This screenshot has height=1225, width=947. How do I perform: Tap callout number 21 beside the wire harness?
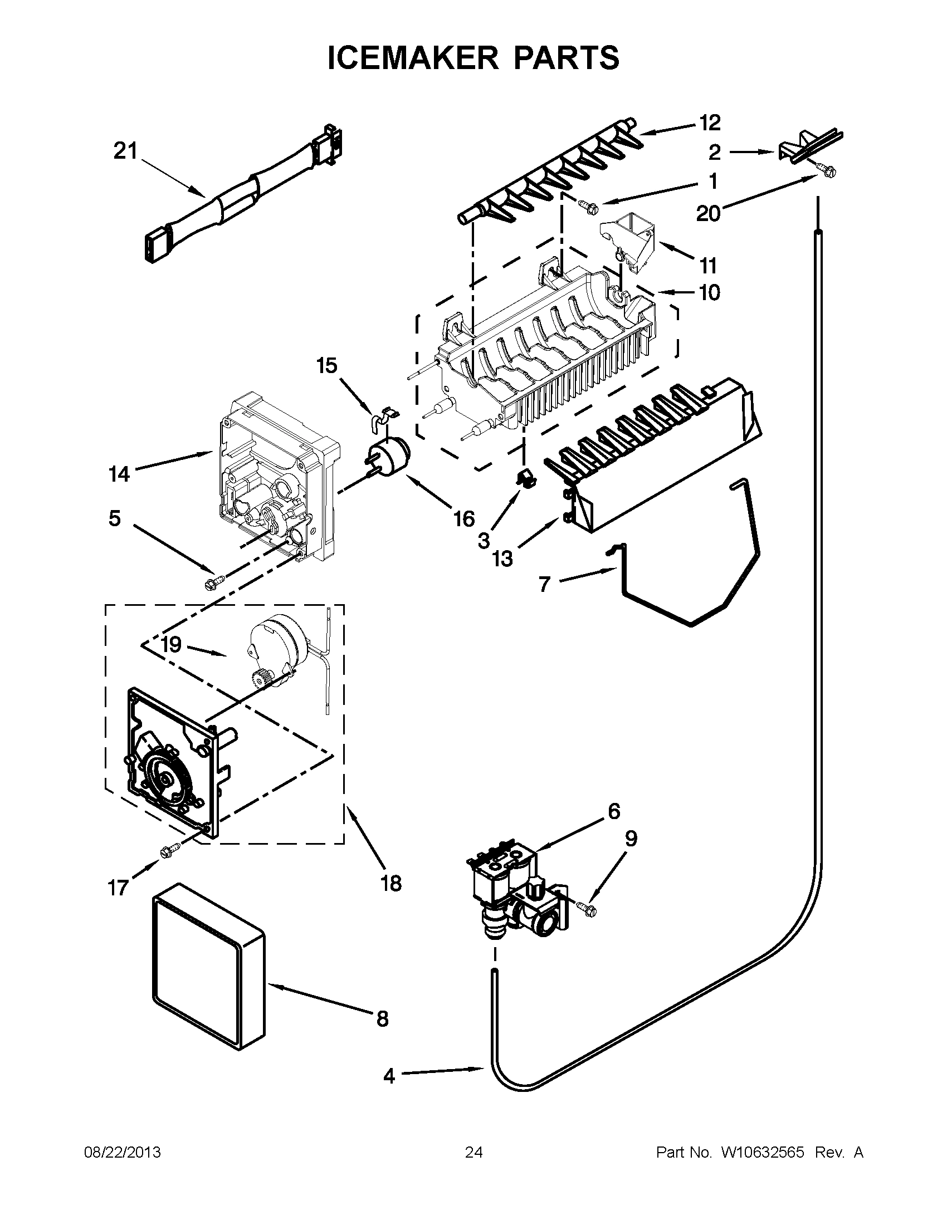click(x=125, y=151)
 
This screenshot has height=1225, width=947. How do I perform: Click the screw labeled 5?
click(x=214, y=582)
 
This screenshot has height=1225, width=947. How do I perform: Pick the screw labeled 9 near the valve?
click(x=588, y=908)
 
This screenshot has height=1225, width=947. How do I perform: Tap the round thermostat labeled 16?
click(x=388, y=457)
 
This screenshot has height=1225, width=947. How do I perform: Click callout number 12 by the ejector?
click(x=710, y=122)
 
